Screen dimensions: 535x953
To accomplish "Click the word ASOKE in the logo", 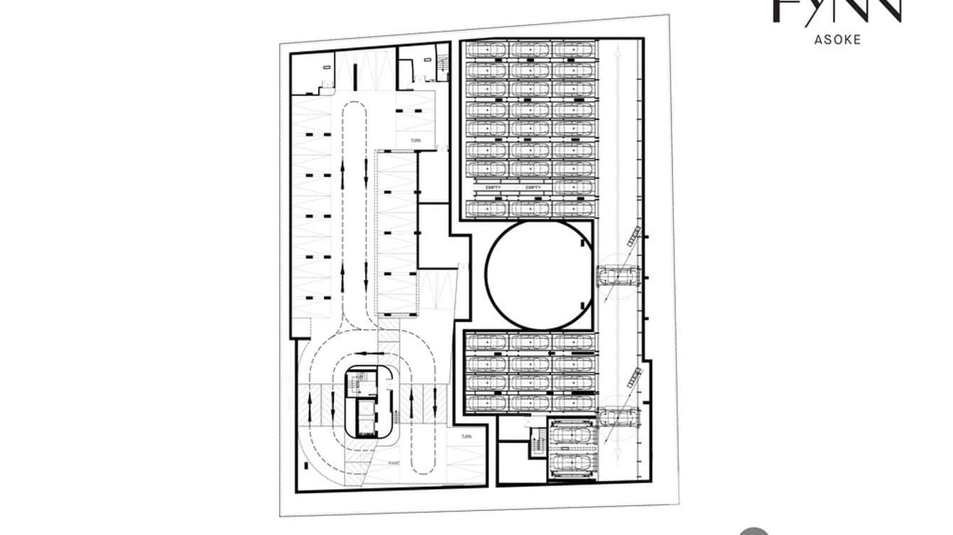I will (x=837, y=40).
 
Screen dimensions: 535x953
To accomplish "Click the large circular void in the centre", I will (x=539, y=275).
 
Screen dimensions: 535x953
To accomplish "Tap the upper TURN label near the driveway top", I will (x=415, y=141).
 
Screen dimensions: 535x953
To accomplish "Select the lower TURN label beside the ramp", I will (x=466, y=436).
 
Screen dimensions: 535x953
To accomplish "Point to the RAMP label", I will (x=394, y=463).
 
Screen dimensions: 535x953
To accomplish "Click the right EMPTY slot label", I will (x=533, y=187).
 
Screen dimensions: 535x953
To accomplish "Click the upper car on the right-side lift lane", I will (x=620, y=275).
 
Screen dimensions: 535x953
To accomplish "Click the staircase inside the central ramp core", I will (x=361, y=386).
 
